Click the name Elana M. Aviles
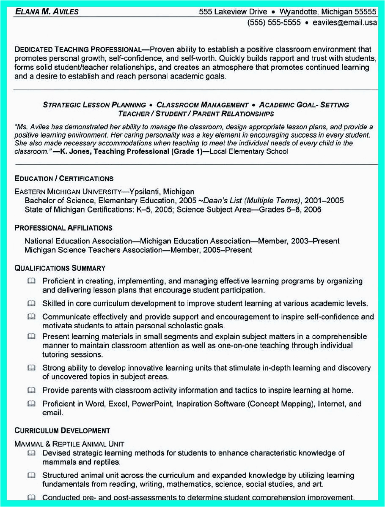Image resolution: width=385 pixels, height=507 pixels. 47,11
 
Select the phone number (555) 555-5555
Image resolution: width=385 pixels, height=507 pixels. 274,22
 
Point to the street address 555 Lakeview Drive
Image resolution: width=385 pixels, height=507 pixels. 233,11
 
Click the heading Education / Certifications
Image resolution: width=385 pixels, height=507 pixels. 64,179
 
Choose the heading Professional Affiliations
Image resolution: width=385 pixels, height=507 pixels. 63,228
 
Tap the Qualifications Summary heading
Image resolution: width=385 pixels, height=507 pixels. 60,268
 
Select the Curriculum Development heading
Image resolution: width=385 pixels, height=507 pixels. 62,431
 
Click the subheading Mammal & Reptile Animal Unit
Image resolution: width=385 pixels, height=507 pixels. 69,444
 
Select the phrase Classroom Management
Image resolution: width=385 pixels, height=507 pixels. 202,105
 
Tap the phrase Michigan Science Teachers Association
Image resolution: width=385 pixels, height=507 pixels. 93,250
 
